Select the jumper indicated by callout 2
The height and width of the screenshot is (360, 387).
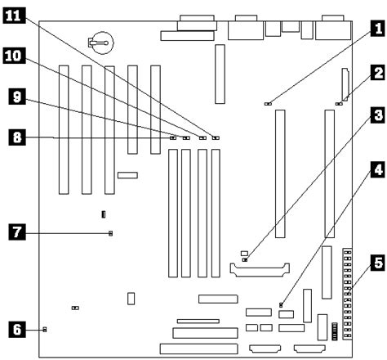point(339,104)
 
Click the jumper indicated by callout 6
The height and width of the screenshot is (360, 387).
point(44,330)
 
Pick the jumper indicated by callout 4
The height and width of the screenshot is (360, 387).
point(281,304)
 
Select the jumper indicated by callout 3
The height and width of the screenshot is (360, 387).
point(245,259)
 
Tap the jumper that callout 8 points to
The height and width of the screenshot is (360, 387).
point(172,138)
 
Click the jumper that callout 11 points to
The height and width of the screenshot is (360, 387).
point(216,138)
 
